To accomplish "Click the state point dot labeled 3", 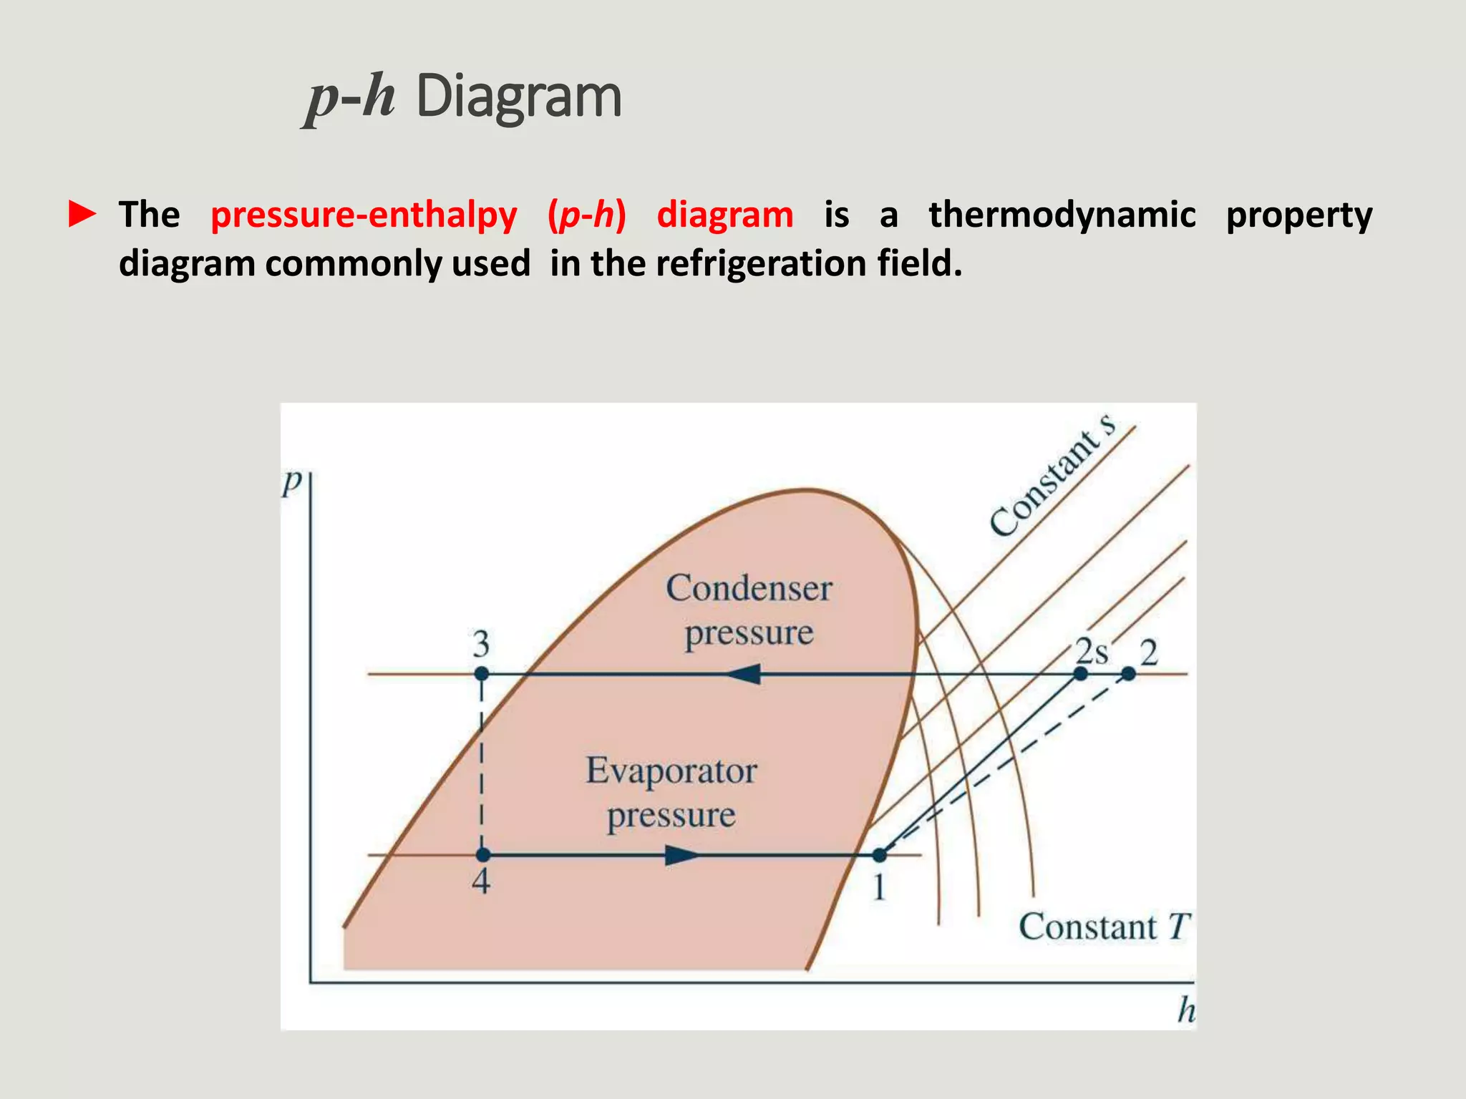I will (x=482, y=674).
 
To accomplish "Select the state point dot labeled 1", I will (x=880, y=855).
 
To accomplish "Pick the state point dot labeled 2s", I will (x=1081, y=674).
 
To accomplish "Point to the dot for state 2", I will (x=1128, y=674).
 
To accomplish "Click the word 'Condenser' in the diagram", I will (x=749, y=589).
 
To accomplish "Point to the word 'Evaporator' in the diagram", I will (x=671, y=771).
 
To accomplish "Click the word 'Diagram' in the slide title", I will (x=518, y=97).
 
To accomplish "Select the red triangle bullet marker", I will (x=82, y=215).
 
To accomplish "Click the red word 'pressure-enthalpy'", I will (x=364, y=215).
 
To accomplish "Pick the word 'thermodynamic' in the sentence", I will (x=1062, y=215).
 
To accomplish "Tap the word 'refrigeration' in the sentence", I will (x=761, y=263).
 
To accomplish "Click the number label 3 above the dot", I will (x=481, y=644).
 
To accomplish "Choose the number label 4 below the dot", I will (x=481, y=881).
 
